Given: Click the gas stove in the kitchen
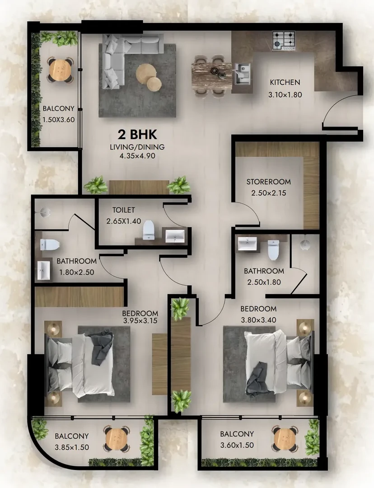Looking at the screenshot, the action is click(x=284, y=41).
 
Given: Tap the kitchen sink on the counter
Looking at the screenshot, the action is click(x=243, y=74).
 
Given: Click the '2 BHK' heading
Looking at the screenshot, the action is click(x=137, y=135).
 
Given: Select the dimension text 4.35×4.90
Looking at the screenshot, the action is click(x=137, y=156).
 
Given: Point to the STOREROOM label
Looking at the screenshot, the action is click(x=268, y=182).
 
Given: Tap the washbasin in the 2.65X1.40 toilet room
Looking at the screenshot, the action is click(x=174, y=236).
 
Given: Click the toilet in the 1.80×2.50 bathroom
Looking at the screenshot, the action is click(x=50, y=244).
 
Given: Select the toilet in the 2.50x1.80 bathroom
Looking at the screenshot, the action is click(x=274, y=250).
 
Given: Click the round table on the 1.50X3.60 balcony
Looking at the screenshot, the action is click(x=61, y=70).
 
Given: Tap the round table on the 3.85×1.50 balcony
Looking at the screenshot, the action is click(x=117, y=439).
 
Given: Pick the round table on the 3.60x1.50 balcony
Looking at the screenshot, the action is click(x=285, y=438).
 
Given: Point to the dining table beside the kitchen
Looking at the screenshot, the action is click(x=211, y=76).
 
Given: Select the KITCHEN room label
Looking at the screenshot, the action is click(x=285, y=83).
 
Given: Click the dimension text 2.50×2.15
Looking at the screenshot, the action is click(x=268, y=193).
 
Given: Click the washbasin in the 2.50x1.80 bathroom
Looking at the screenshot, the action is click(x=248, y=244).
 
